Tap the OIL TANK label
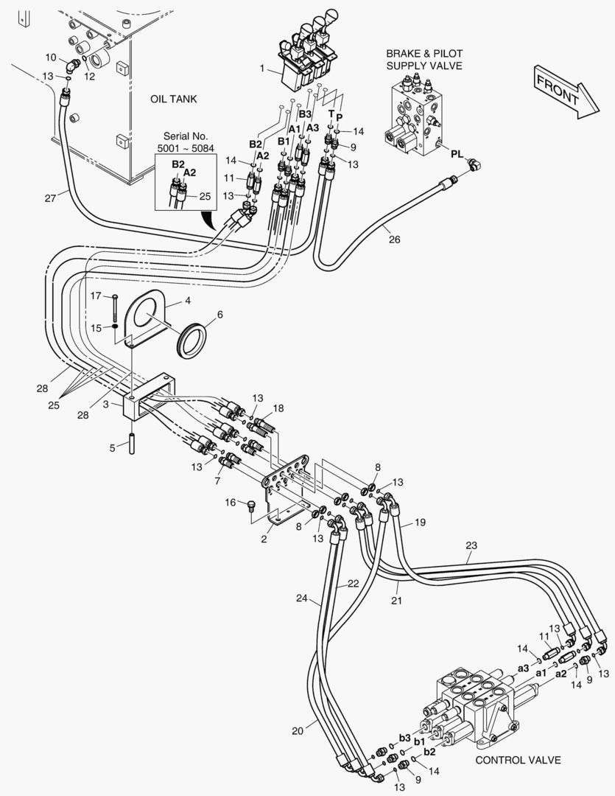(174, 99)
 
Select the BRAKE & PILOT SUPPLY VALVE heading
(424, 60)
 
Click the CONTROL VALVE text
(518, 760)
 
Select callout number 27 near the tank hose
(50, 198)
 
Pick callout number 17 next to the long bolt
(95, 296)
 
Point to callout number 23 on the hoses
(471, 546)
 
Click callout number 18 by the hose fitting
(278, 408)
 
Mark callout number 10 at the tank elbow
(50, 57)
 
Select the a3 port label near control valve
(524, 668)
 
